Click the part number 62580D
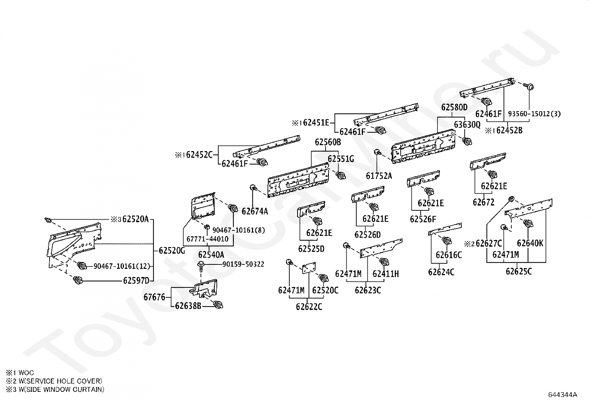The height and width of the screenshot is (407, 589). point(454,107)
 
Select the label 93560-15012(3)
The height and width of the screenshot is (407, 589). point(534,114)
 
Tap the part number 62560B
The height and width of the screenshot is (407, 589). point(328,142)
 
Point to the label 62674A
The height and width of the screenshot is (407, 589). point(255,211)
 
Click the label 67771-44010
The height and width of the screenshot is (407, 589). point(208,239)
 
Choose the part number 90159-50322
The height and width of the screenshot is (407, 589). point(243,264)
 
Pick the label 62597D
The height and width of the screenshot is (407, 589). point(136,281)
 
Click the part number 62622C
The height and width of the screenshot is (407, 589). point(309,307)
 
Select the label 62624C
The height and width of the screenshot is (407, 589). point(441,272)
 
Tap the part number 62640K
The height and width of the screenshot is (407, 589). point(530,243)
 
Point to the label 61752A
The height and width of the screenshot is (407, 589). point(379,176)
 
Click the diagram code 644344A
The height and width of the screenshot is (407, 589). point(563,395)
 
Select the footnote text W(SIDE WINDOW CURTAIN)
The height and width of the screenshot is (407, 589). point(61,389)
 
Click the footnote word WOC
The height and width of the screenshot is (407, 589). point(26,373)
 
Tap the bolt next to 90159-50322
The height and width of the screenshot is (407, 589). point(201,267)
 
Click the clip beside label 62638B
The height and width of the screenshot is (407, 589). point(218,304)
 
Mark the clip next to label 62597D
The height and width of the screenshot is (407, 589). point(77,280)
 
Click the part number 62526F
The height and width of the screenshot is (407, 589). point(423,219)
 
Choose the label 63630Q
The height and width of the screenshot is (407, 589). point(467,125)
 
